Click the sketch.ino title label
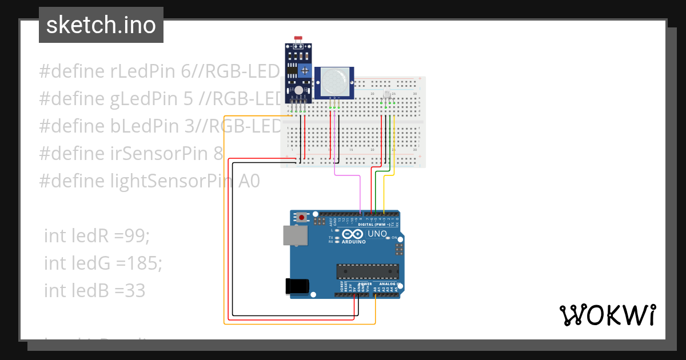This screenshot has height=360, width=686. (101, 25)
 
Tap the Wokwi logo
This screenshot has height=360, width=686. (607, 315)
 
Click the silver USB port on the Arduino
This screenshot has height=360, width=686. (295, 235)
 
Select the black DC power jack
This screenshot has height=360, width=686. (297, 286)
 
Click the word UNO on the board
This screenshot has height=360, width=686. (377, 234)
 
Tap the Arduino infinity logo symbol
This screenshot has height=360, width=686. (353, 234)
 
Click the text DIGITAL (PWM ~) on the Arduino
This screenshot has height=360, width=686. (374, 225)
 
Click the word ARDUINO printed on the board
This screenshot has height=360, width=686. (354, 242)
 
